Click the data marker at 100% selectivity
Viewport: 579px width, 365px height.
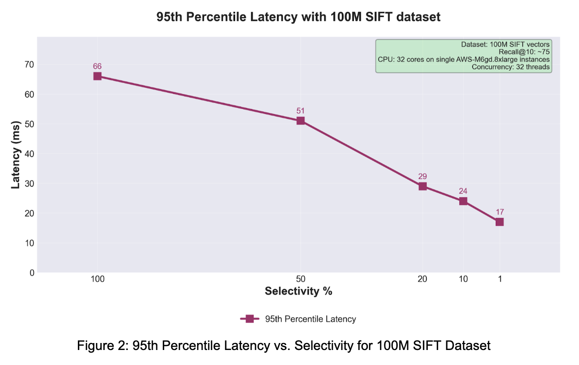point(97,76)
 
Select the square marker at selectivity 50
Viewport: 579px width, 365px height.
point(300,120)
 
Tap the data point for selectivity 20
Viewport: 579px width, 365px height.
point(422,186)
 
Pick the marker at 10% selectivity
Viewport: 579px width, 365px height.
point(463,201)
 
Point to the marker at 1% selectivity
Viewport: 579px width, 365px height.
point(500,222)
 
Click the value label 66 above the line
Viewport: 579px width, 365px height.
point(97,66)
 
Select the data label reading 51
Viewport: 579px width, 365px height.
point(300,110)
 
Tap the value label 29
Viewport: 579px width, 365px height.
point(422,176)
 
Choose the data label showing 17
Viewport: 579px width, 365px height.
point(500,212)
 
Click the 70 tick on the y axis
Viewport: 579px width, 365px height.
point(29,64)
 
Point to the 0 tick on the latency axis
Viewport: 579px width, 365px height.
point(32,273)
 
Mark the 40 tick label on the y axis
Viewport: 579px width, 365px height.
point(29,154)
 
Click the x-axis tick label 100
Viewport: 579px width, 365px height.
point(97,279)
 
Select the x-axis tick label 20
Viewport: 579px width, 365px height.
point(422,279)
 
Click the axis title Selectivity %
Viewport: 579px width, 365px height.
point(298,291)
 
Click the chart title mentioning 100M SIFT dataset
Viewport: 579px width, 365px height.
point(298,17)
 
